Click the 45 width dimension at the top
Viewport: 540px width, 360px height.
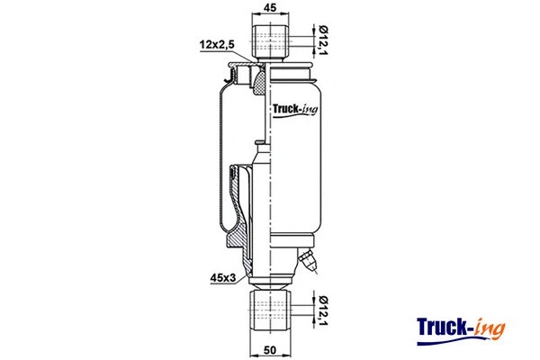271,8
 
